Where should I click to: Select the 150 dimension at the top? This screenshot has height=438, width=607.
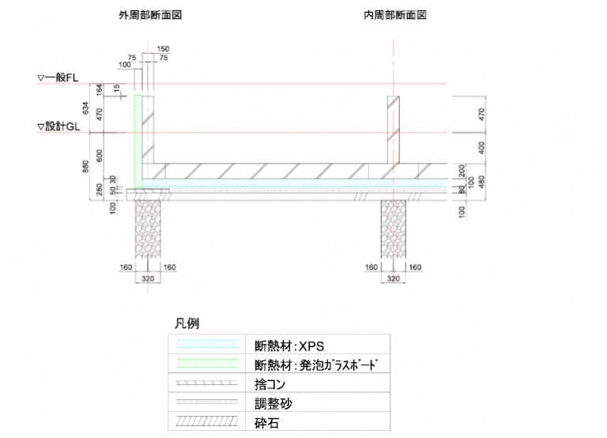164,50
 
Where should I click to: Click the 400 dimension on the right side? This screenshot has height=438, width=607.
481,148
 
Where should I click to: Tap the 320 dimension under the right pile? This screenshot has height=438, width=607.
393,278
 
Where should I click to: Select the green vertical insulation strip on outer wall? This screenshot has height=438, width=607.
138,138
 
